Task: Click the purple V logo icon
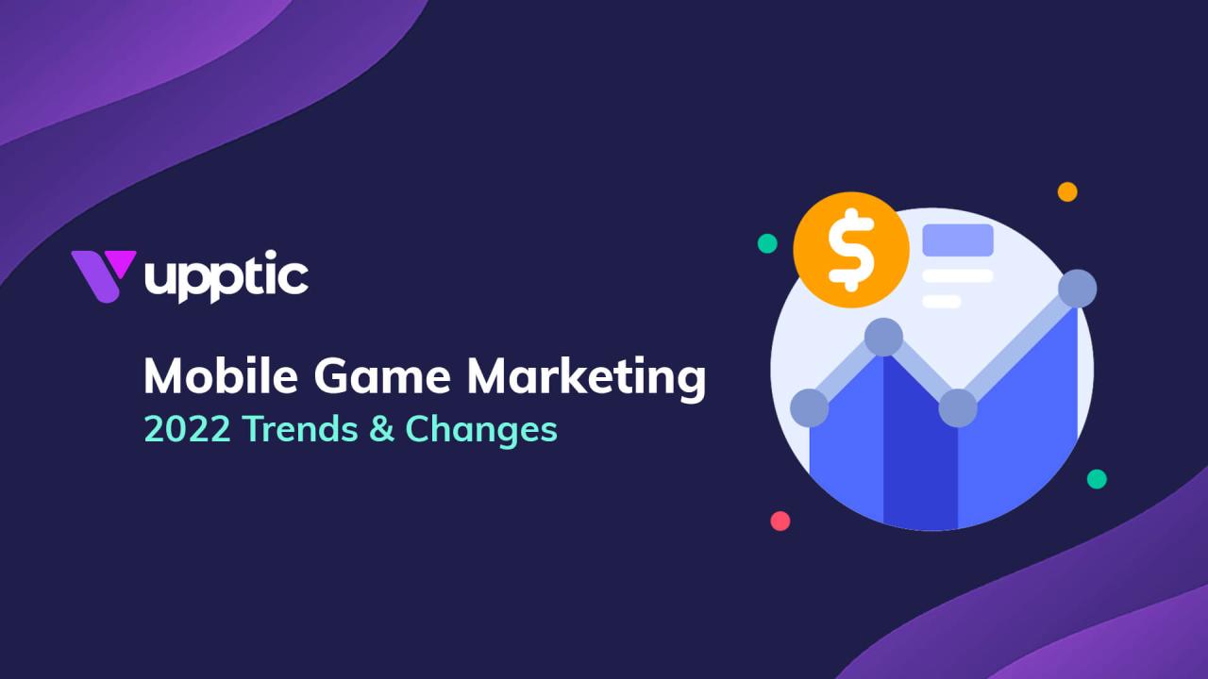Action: [x=103, y=273]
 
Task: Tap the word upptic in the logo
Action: [x=226, y=277]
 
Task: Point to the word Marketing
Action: [x=586, y=378]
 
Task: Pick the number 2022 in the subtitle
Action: [x=187, y=429]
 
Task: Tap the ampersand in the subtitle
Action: [x=381, y=430]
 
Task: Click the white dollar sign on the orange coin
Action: [x=850, y=251]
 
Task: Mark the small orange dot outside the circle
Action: [x=1067, y=191]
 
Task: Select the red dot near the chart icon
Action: [x=780, y=521]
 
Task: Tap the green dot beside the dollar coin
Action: [x=767, y=243]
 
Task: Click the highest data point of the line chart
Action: [x=1077, y=289]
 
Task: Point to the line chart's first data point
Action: [x=809, y=407]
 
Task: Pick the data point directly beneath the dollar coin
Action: [x=883, y=337]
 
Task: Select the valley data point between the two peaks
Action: [x=958, y=407]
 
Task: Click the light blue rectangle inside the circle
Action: [x=958, y=240]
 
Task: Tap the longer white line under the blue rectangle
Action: [x=958, y=276]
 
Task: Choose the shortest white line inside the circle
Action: [x=941, y=302]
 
